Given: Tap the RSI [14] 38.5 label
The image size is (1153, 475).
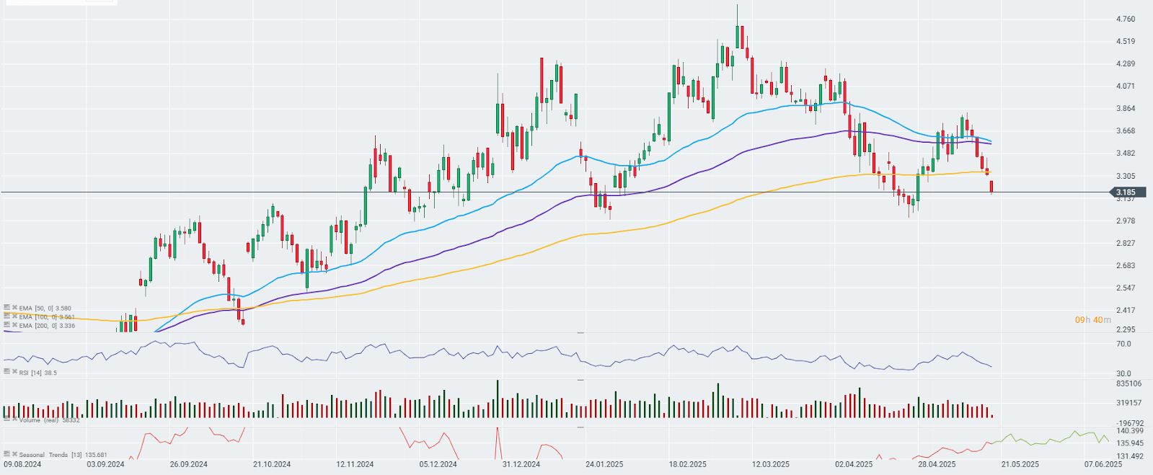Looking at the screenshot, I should [x=40, y=372].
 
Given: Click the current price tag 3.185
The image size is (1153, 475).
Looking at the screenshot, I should [x=1125, y=192].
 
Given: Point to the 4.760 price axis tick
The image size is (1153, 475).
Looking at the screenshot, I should [x=1125, y=19].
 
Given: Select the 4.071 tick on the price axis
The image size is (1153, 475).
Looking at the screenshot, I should [x=1125, y=86].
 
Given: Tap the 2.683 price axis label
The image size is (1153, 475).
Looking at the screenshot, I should [x=1125, y=265].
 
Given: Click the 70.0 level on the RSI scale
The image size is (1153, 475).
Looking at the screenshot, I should [x=1123, y=344].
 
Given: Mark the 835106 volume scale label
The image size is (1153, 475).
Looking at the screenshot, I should [x=1128, y=383].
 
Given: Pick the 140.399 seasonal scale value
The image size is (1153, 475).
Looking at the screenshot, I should [x=1129, y=430].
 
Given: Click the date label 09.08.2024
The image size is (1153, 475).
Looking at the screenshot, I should [x=22, y=465].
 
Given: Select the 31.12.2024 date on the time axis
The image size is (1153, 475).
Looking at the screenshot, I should [x=521, y=465].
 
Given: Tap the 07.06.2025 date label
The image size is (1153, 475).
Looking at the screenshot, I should [x=1103, y=465].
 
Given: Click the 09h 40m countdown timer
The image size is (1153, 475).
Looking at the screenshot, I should [x=1092, y=319].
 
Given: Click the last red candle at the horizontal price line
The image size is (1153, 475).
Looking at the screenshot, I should [x=992, y=187].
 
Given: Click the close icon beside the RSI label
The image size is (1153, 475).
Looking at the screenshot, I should [x=14, y=372].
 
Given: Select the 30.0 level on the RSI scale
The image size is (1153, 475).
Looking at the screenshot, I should [x=1123, y=373].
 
